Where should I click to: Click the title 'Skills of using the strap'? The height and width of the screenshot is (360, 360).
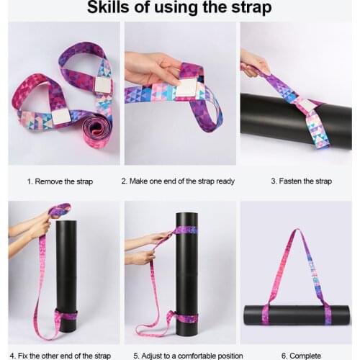click(179, 9)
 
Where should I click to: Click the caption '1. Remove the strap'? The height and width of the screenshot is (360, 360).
click(60, 181)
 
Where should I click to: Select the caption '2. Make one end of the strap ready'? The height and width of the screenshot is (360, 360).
click(178, 181)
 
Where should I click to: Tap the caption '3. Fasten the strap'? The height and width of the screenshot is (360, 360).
click(301, 181)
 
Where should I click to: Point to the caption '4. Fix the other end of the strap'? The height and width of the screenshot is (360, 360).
click(60, 354)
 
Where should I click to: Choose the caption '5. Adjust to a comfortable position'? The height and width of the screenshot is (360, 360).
click(181, 354)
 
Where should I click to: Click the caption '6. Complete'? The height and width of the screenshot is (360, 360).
click(301, 354)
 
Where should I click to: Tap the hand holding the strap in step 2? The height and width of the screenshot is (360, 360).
click(151, 68)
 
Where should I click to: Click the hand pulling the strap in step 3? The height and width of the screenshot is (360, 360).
click(253, 63)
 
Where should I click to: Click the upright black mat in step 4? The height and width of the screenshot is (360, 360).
click(66, 274)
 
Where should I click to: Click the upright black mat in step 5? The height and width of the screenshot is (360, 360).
click(186, 274)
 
